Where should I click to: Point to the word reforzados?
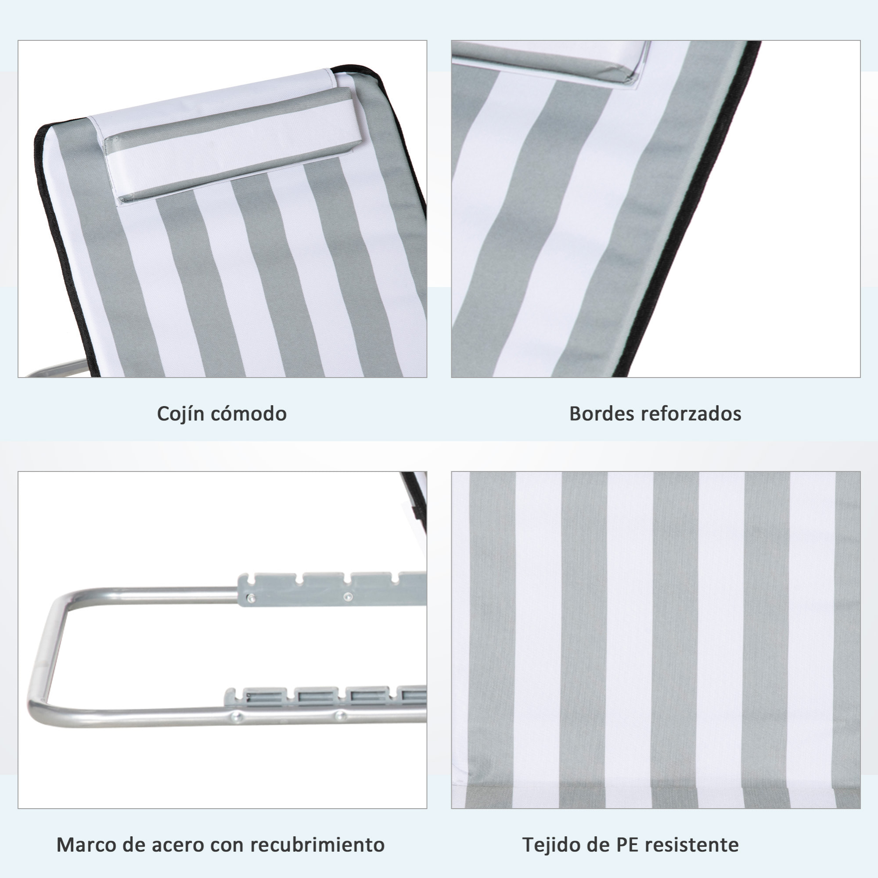click(x=691, y=414)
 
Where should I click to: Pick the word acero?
click(x=178, y=845)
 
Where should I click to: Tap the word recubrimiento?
click(x=318, y=845)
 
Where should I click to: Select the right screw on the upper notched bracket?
click(x=348, y=597)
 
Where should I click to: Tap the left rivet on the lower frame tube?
click(x=236, y=717)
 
